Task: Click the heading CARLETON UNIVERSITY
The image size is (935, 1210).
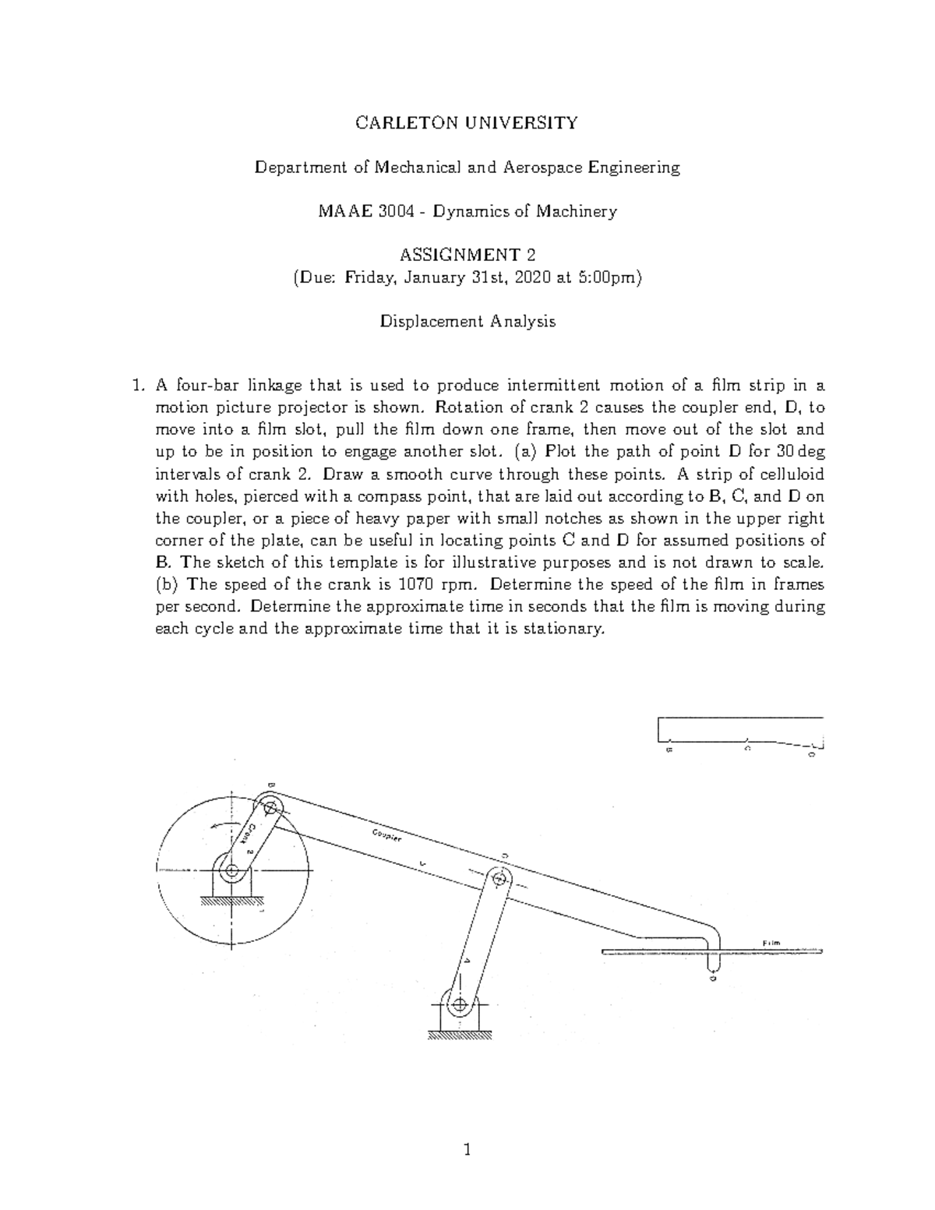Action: [x=467, y=122]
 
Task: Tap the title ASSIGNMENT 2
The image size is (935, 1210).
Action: [x=467, y=256]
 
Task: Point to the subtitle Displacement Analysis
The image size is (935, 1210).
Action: [x=467, y=321]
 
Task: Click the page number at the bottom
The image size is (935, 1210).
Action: [x=467, y=1149]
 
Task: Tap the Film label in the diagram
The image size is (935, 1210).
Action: [x=771, y=944]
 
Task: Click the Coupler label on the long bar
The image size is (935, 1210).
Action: [x=386, y=835]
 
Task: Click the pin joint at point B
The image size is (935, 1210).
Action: [x=271, y=807]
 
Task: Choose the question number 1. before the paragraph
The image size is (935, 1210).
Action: [x=138, y=385]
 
